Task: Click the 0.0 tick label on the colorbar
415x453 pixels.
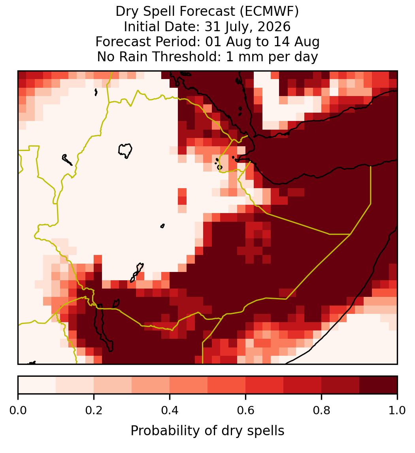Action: coord(18,410)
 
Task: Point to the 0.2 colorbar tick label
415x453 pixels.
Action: coord(94,410)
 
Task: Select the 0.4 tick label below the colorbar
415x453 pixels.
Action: coord(170,410)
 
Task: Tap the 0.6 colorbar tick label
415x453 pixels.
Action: coord(246,410)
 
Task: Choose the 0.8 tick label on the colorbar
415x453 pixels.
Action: coord(322,410)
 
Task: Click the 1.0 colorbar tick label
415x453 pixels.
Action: coord(397,410)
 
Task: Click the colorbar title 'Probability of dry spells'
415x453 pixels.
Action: coord(207,431)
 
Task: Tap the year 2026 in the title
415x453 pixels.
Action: coord(274,26)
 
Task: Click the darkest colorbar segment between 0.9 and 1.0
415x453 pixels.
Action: coord(378,385)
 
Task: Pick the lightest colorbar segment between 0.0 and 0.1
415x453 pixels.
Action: coord(37,385)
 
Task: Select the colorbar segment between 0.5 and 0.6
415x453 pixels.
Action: coord(227,385)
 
